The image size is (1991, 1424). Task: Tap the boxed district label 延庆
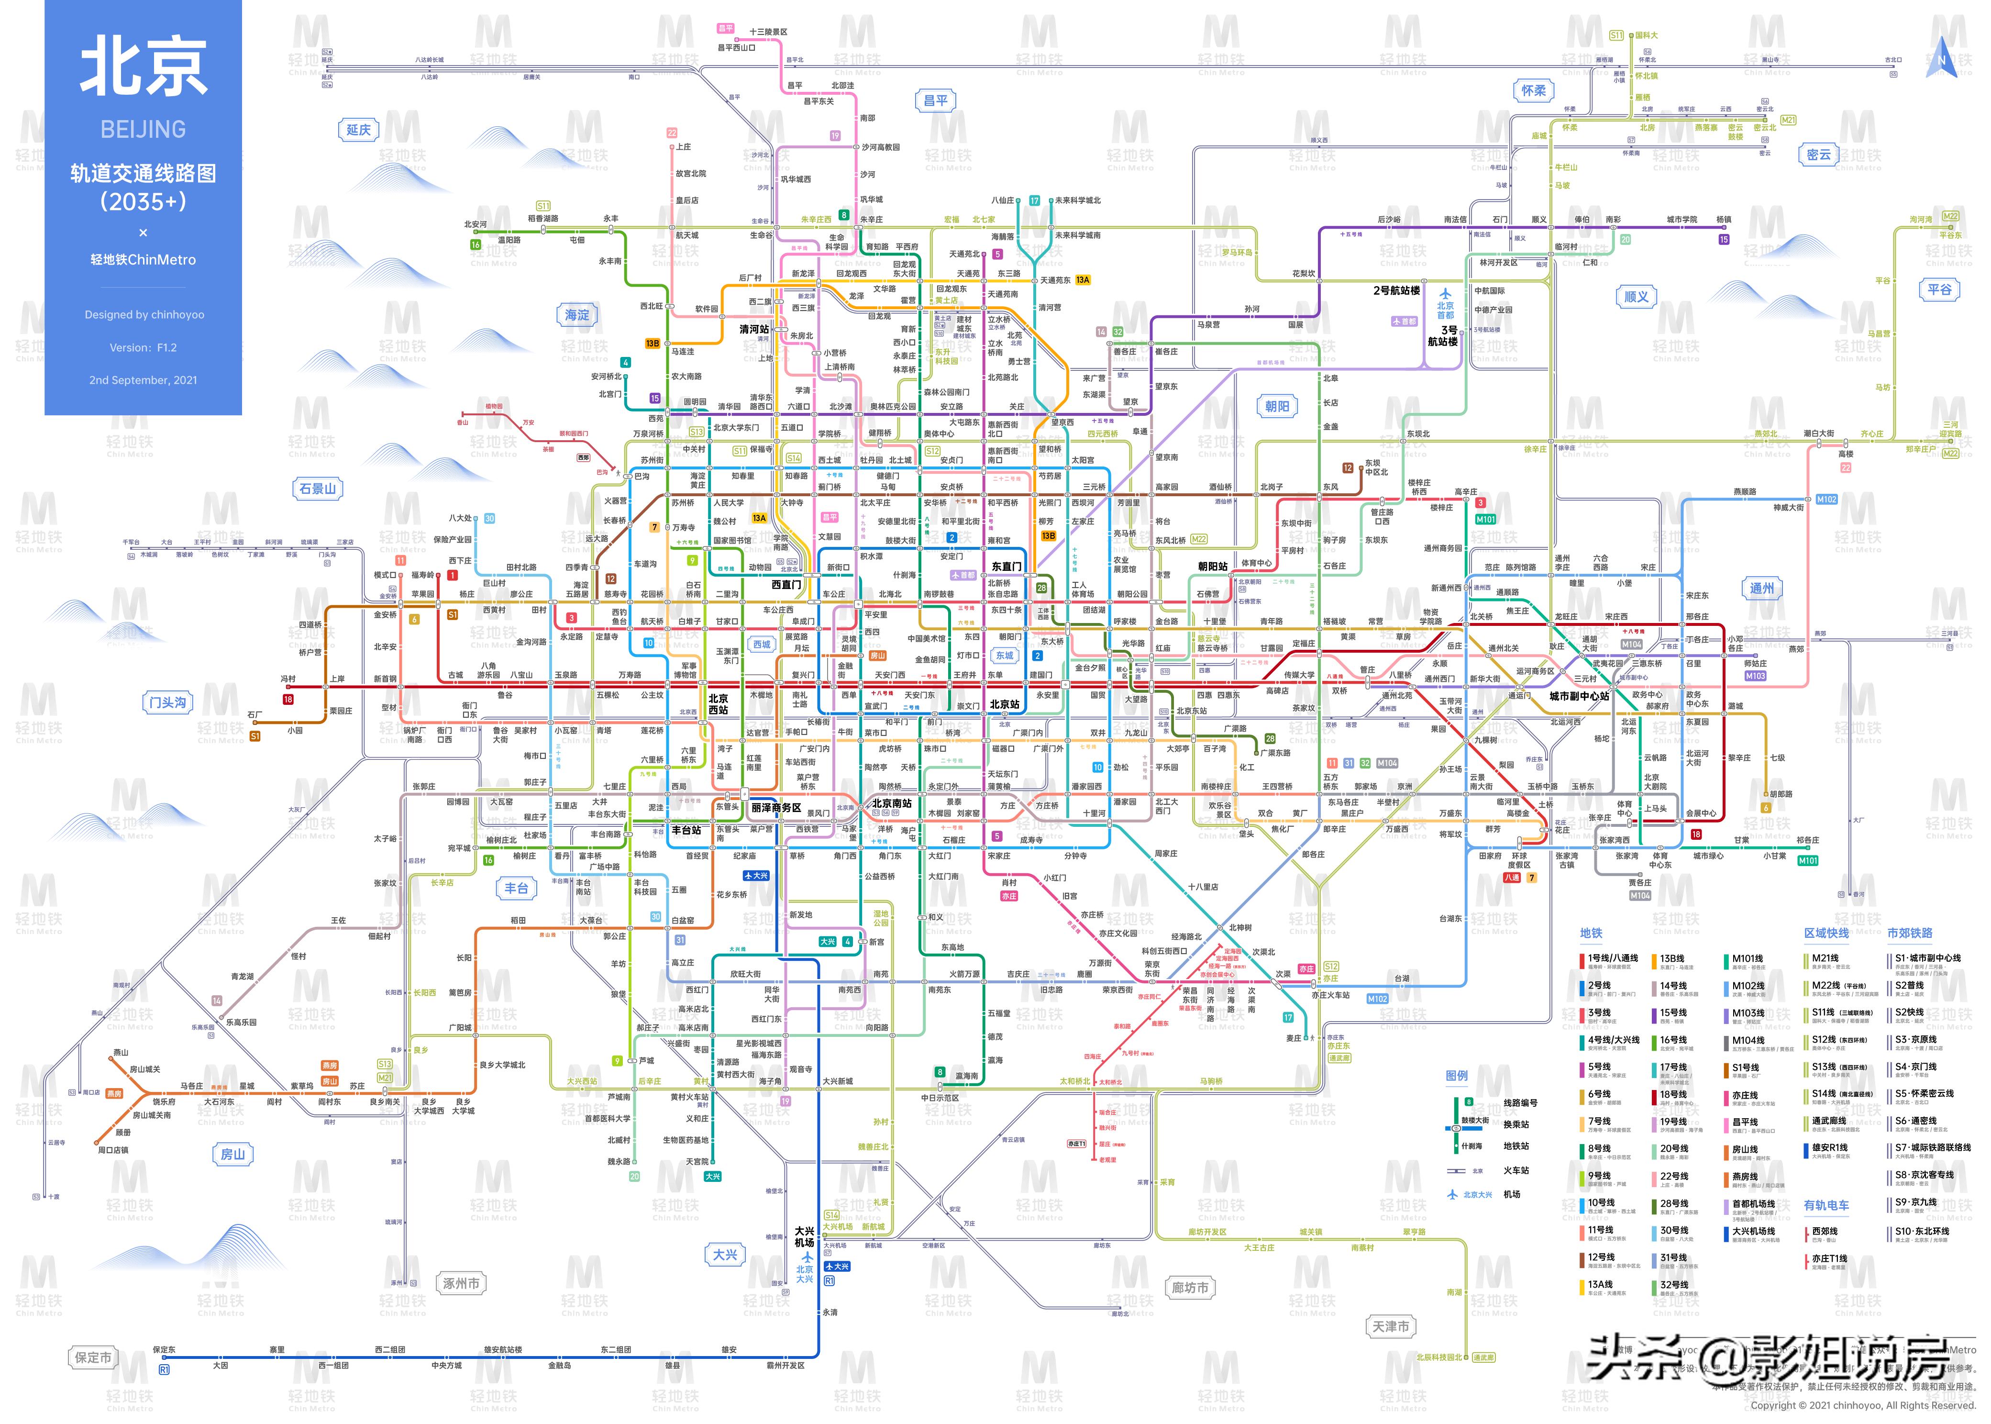tap(358, 130)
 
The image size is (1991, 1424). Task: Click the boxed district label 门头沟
tap(167, 702)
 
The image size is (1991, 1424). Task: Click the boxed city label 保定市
tap(93, 1357)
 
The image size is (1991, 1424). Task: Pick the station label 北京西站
tap(718, 704)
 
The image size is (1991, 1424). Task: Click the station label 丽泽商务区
tap(776, 808)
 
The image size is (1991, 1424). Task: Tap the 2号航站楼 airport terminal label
tap(1396, 290)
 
